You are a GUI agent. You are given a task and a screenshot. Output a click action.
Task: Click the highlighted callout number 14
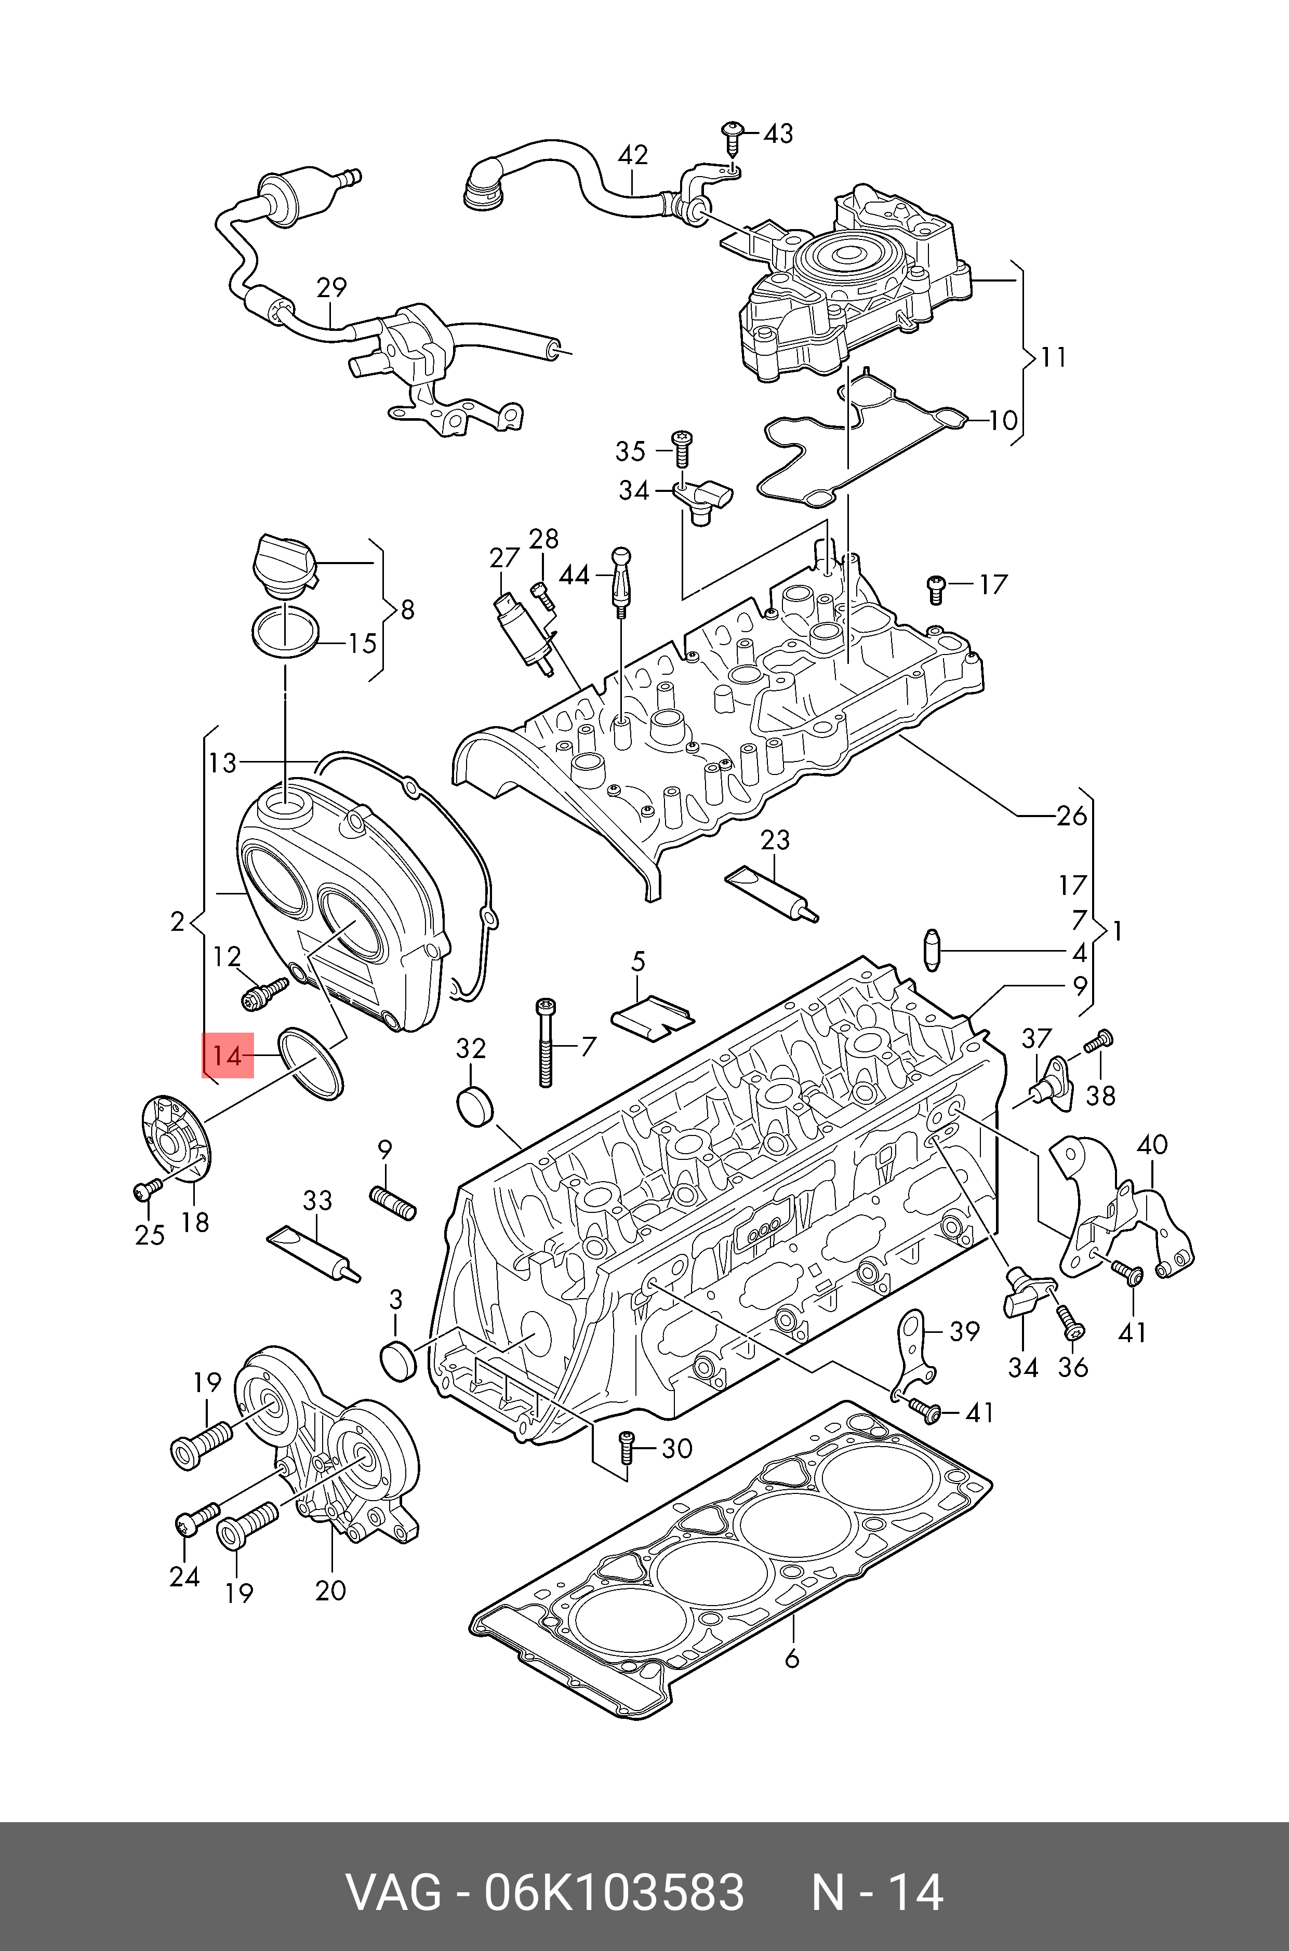(228, 1055)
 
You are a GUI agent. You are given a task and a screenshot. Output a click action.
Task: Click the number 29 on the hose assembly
(331, 288)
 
